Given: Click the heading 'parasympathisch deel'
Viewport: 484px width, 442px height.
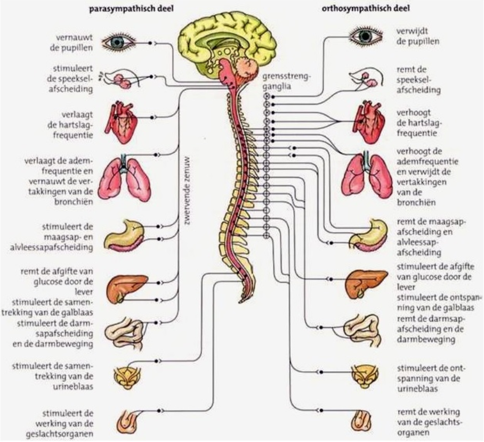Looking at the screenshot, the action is tap(131, 9).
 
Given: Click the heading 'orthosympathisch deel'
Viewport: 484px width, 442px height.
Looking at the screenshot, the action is tap(366, 9).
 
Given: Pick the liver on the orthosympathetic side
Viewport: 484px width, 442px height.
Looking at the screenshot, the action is tap(366, 284).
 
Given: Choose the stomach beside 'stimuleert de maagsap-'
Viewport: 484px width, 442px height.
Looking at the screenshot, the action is tap(124, 236).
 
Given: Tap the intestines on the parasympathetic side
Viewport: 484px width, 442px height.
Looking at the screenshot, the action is tap(125, 333).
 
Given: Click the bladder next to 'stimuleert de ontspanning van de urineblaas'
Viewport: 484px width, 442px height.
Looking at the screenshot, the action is tap(366, 377).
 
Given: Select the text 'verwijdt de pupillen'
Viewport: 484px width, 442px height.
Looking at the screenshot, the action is tap(418, 36).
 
